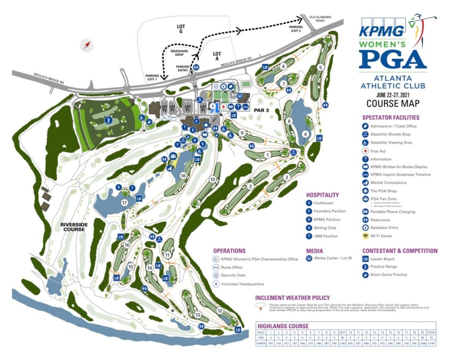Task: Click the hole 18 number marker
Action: (183, 175)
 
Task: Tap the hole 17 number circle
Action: (124, 202)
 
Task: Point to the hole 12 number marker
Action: (220, 311)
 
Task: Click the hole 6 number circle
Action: (283, 66)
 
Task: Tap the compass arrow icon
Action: (86, 45)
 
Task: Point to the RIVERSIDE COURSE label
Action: (73, 226)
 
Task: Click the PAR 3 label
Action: (262, 110)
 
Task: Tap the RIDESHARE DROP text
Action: (177, 53)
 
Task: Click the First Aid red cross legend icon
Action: (365, 151)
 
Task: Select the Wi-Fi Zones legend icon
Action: (365, 236)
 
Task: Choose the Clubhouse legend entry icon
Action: (309, 203)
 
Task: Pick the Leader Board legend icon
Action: (365, 258)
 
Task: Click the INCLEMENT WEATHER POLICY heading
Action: (293, 298)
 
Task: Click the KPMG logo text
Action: (382, 30)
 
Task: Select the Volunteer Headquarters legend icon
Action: (217, 284)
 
